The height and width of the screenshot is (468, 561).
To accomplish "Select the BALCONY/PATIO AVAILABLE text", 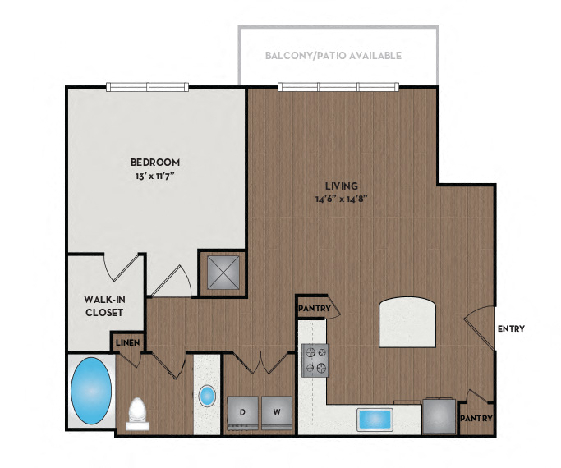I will tap(333, 57).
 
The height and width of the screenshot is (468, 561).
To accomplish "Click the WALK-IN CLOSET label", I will tap(103, 306).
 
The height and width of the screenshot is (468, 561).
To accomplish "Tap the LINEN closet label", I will tap(126, 342).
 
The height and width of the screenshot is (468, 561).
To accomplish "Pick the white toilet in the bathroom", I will tap(138, 413).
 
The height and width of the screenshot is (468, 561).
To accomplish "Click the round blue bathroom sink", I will tap(207, 396).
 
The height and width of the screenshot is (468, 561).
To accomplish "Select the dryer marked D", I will tap(243, 411).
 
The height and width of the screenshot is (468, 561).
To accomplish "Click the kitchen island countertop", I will tap(408, 323).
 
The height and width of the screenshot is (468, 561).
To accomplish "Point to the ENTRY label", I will tap(511, 329).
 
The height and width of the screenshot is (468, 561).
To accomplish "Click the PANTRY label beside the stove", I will tap(315, 309).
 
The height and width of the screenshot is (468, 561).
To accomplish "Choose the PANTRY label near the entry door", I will tap(476, 418).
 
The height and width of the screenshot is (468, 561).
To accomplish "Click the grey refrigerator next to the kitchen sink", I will tap(439, 416).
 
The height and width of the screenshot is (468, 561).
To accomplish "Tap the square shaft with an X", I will tap(223, 271).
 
